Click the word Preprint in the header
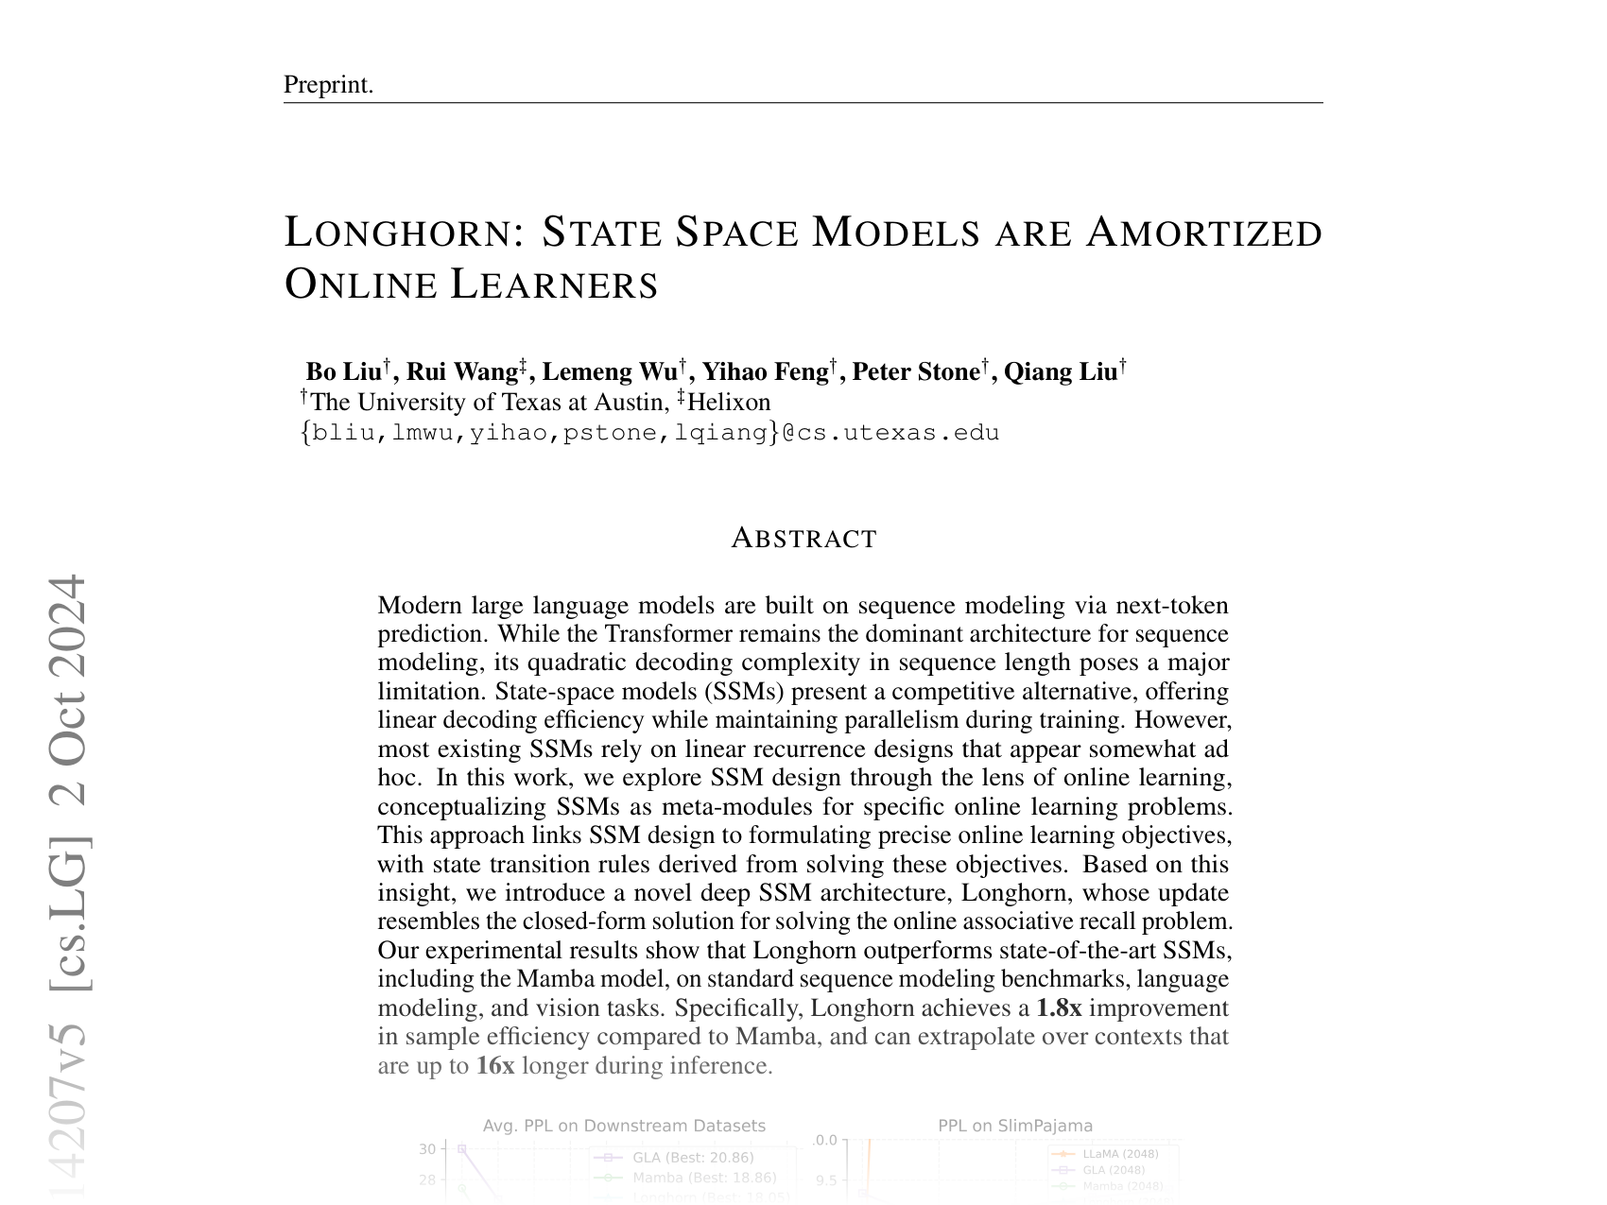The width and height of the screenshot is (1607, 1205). pyautogui.click(x=327, y=85)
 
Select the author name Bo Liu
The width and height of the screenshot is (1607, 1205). pyautogui.click(x=343, y=371)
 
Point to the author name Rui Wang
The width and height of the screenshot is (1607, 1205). pyautogui.click(x=461, y=371)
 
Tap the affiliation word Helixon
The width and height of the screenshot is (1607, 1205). pyautogui.click(x=729, y=403)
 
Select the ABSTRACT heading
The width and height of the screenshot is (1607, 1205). pyautogui.click(x=803, y=539)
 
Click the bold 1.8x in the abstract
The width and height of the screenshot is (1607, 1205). pyautogui.click(x=1058, y=1008)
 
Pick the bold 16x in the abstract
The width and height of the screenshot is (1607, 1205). pyautogui.click(x=494, y=1066)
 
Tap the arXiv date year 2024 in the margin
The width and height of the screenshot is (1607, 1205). pyautogui.click(x=68, y=625)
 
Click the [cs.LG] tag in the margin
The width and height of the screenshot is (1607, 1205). pyautogui.click(x=68, y=913)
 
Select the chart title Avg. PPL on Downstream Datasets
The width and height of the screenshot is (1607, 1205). pyautogui.click(x=624, y=1126)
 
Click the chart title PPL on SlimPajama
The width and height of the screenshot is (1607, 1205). pyautogui.click(x=1015, y=1126)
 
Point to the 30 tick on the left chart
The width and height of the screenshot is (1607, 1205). pyautogui.click(x=427, y=1149)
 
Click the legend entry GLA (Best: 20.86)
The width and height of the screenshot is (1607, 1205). pyautogui.click(x=693, y=1158)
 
